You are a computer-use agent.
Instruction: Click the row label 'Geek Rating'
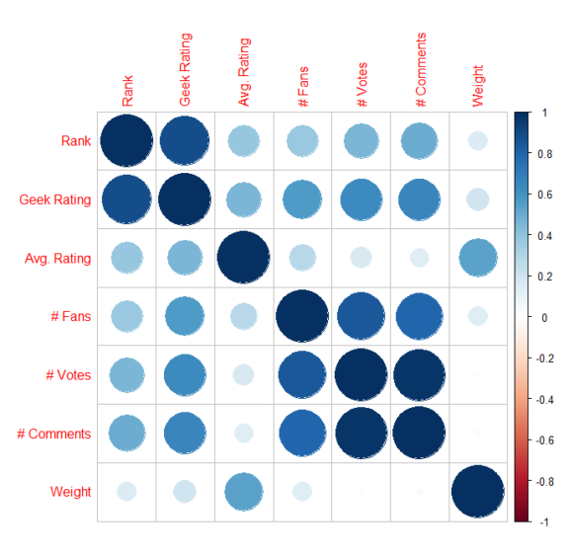(54, 199)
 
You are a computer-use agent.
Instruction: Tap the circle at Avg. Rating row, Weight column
(477, 258)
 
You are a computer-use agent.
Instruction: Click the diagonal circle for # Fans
(301, 316)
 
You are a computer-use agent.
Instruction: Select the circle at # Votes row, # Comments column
(419, 374)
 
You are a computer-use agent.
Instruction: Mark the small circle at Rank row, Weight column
(477, 141)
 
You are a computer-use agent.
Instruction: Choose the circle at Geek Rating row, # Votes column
(360, 199)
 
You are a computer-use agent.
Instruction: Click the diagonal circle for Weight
(477, 491)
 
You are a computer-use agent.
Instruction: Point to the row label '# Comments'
(55, 433)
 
